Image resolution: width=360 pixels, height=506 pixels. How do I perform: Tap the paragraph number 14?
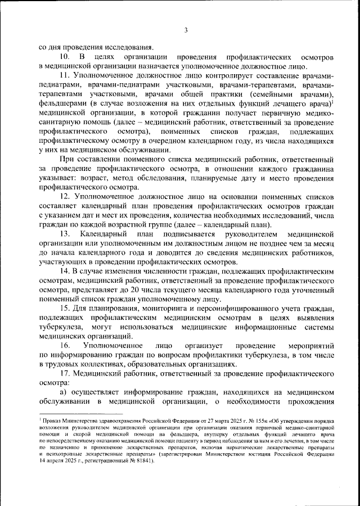pyautogui.click(x=65, y=270)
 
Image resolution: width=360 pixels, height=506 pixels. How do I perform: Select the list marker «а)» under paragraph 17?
pyautogui.click(x=65, y=391)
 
